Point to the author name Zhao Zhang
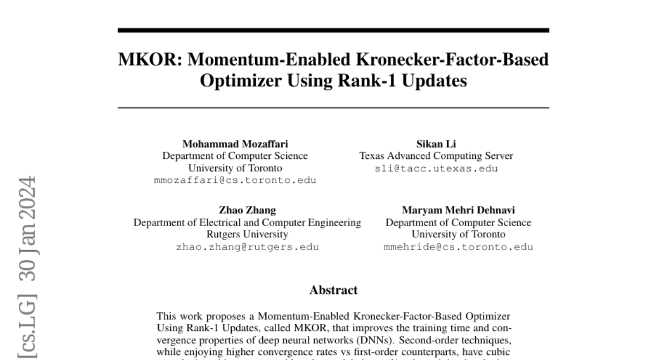coord(247,211)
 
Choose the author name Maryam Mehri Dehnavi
coord(458,211)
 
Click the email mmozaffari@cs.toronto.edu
coord(235,180)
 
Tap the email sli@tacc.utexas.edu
coord(436,168)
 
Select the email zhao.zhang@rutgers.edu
coord(247,247)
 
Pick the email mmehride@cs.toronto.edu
coord(458,247)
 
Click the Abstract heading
coord(333,290)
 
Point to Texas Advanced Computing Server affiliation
coord(436,156)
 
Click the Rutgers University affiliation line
coord(247,234)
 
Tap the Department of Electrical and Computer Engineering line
coord(247,223)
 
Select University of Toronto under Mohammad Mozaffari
coord(235,168)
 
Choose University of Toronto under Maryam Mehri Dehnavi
coord(458,234)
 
